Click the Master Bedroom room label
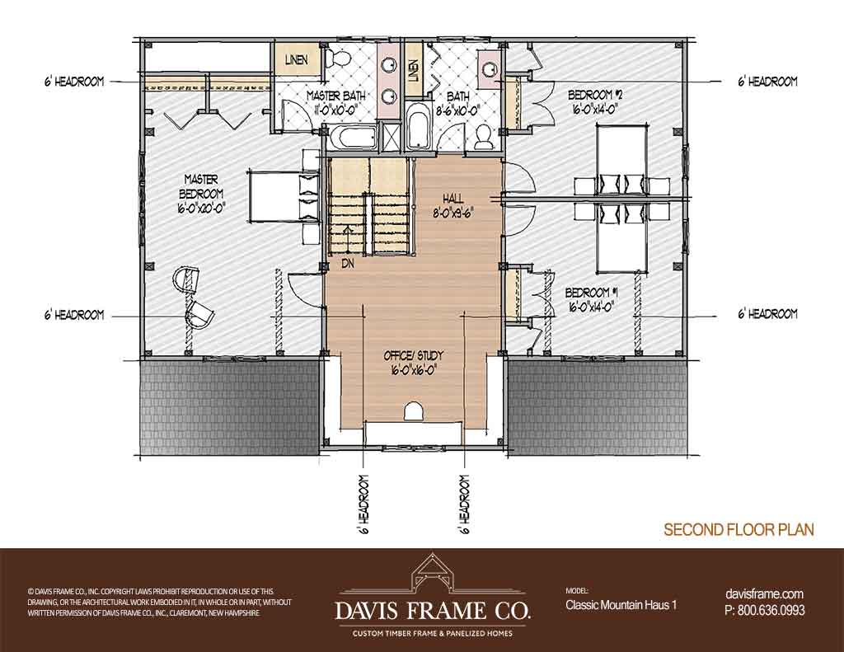201,193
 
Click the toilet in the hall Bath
483,137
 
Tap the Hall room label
453,204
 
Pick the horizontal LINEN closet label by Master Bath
297,60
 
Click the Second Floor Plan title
738,529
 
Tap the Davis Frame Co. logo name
432,610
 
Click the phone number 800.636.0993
765,610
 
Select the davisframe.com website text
764,593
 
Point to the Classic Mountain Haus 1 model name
621,605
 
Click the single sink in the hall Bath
490,68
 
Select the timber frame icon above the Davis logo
432,575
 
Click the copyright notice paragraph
159,602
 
